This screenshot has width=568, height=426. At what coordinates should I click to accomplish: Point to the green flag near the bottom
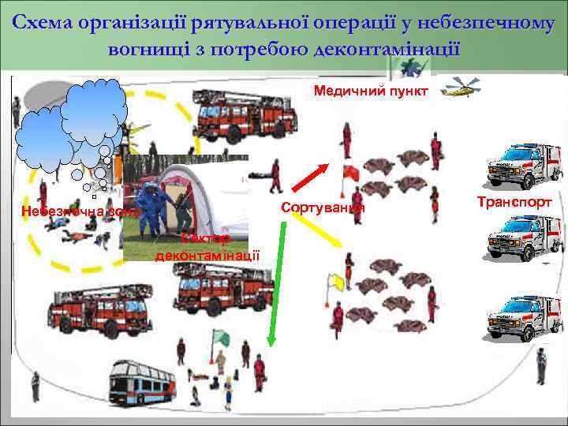click(x=224, y=338)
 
